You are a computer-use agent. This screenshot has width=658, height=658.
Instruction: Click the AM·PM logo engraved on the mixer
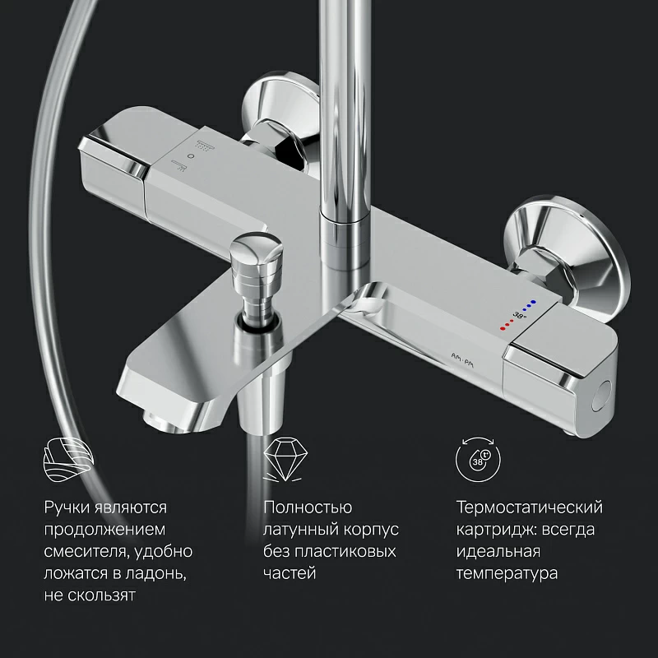click(462, 361)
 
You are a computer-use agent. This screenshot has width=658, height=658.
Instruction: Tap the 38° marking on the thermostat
click(520, 315)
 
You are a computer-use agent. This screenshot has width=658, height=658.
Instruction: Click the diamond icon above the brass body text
click(285, 459)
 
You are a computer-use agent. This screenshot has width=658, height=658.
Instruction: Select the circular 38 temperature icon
click(479, 459)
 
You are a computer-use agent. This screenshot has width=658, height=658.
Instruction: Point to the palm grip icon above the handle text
click(68, 459)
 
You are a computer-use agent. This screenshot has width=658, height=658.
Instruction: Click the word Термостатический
click(530, 507)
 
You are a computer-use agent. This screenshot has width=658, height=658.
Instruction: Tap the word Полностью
click(308, 507)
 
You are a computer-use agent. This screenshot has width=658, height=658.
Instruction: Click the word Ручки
click(67, 507)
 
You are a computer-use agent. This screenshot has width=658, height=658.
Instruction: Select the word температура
click(507, 573)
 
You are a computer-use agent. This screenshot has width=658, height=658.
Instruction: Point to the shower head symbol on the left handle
click(204, 145)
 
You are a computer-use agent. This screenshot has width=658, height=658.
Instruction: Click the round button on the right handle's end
click(602, 396)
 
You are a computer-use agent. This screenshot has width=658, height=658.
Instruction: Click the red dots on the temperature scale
click(507, 324)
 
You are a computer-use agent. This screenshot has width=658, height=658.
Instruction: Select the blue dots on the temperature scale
click(529, 305)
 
